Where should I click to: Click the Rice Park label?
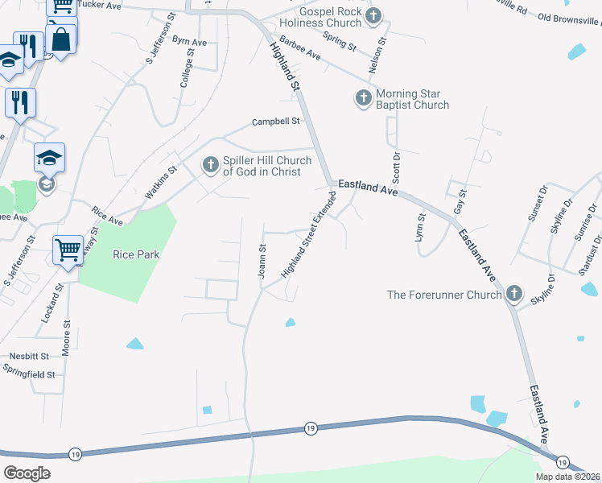[x=136, y=254]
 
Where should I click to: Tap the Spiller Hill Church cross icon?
[x=210, y=166]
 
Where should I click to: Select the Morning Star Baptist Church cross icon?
[x=363, y=99]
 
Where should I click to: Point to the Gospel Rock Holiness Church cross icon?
[x=373, y=16]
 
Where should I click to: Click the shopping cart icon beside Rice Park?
[x=68, y=248]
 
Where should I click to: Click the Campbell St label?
[x=275, y=122]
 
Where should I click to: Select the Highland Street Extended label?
[x=307, y=235]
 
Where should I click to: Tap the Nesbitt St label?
[x=29, y=355]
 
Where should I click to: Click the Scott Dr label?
[x=396, y=167]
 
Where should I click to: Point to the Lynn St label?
[x=420, y=223]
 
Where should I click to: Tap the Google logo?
[x=27, y=473]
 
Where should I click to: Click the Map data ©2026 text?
[x=567, y=477]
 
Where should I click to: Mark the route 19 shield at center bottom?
[x=310, y=429]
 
